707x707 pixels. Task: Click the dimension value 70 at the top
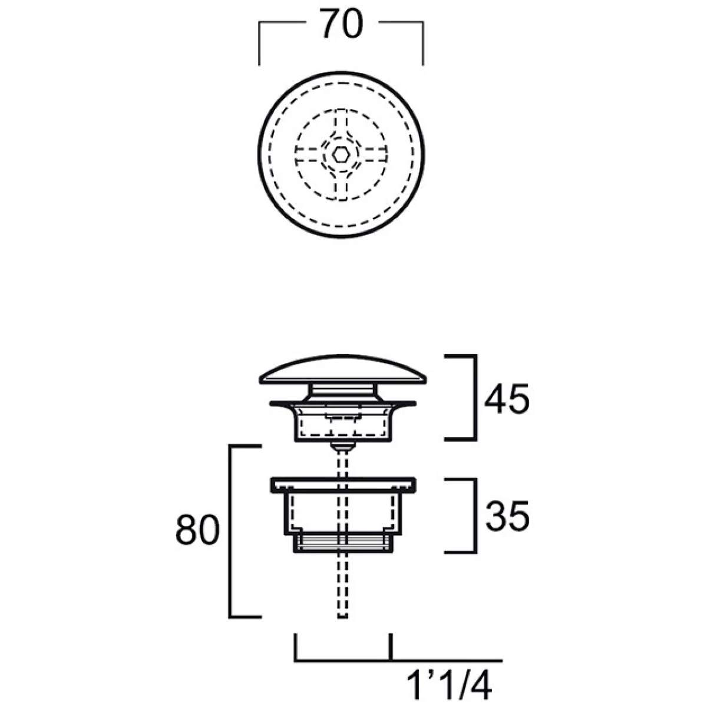point(342,23)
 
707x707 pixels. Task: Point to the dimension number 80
point(197,530)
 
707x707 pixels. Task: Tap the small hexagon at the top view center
point(341,154)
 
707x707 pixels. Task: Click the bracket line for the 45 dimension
point(475,397)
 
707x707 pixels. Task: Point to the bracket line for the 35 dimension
point(475,516)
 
